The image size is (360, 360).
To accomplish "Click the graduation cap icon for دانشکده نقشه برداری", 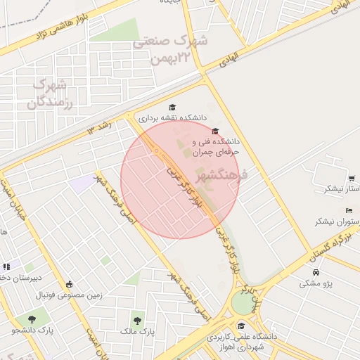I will coord(173,106).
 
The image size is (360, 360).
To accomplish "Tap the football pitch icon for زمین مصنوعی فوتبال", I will coord(70,284).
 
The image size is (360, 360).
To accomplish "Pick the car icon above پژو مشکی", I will coord(316,272).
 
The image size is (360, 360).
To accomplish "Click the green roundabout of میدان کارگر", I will coord(243,303).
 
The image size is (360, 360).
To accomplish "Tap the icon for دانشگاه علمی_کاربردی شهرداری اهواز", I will coord(242,326).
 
